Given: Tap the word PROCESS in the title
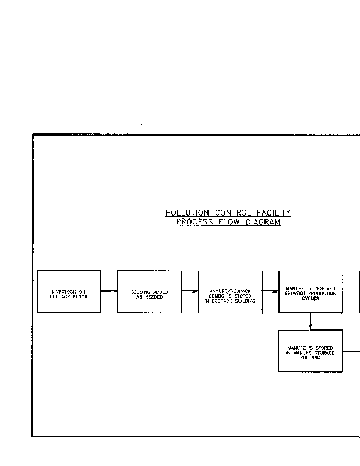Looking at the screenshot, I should pos(194,223).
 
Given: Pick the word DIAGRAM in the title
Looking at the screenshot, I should pos(261,223).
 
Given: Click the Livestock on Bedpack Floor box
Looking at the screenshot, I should pos(69,291).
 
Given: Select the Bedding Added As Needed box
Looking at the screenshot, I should pos(149,291).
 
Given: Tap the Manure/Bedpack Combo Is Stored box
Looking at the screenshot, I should pos(230,291).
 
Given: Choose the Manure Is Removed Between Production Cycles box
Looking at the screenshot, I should pos(310,291).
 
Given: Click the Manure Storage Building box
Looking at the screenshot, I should pos(310,351).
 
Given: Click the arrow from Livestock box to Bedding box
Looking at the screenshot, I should pos(109,291).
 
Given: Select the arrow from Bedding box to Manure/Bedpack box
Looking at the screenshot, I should pos(189,291).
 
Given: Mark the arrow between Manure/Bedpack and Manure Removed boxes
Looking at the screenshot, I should pos(270,291).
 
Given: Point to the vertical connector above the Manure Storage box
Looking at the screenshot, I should pos(310,321).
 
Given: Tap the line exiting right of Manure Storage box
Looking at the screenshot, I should pos(351,351).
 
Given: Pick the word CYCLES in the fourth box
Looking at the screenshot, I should pos(310,298).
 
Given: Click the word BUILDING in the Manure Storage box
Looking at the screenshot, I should pos(310,358).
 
